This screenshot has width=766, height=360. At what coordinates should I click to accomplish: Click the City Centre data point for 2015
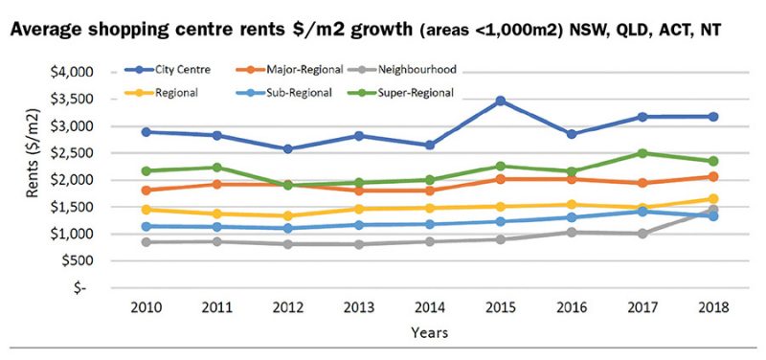pos(501,101)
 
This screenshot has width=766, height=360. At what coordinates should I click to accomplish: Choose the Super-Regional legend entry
pos(417,93)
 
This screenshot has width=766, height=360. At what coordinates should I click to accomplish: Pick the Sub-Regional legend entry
pos(297,93)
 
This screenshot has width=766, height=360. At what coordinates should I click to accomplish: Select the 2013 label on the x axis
pos(357,307)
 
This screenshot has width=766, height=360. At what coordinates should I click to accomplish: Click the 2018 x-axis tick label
pos(713,307)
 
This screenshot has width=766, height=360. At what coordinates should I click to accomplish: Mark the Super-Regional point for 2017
pos(642,153)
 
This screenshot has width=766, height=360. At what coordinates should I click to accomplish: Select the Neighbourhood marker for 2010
pos(145,241)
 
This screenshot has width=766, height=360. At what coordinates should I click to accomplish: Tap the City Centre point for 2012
pos(287,149)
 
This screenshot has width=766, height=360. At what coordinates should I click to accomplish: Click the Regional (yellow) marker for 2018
pos(713,199)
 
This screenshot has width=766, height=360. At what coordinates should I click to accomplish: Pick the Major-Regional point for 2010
pos(145,190)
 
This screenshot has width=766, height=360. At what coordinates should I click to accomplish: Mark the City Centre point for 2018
pos(713,117)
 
